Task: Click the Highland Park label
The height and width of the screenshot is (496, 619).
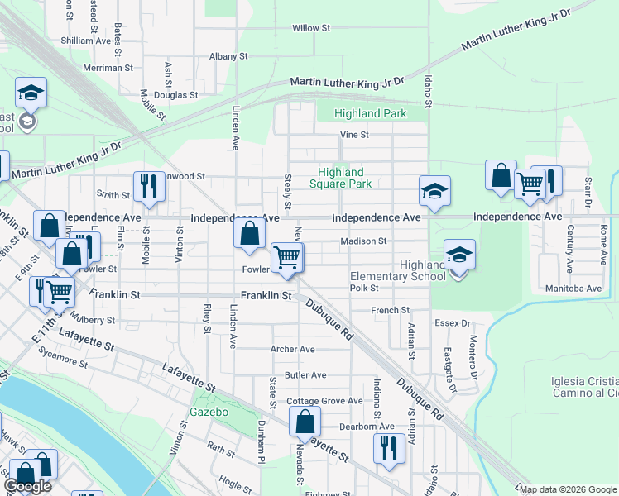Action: pos(370,113)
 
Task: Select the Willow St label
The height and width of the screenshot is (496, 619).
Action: pos(311,28)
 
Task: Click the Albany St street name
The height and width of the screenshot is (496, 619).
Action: pos(228,56)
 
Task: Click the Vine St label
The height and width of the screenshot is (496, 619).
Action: pos(353,135)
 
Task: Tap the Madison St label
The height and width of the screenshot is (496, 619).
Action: pos(364,241)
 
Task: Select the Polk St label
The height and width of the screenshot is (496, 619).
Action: pos(363,288)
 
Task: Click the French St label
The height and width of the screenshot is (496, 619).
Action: pos(391,310)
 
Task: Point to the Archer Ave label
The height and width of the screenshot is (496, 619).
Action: pos(292,350)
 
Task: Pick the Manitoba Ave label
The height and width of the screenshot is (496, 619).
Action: pos(573,289)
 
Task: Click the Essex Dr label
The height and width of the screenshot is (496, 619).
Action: pos(454,323)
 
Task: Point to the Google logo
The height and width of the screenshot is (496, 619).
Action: pos(28,486)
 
